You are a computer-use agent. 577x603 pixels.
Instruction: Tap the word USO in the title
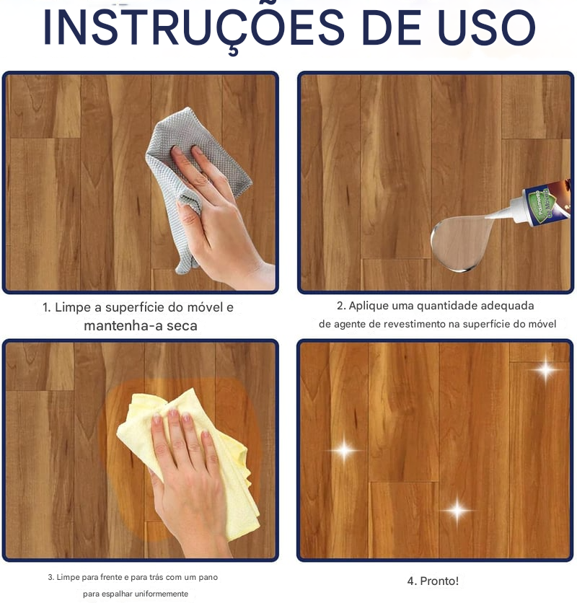(x=487, y=27)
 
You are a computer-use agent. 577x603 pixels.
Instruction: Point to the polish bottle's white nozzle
(x=508, y=211)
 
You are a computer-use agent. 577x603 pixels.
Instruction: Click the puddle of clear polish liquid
(x=462, y=243)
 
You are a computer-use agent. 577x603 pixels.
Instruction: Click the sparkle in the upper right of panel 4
(x=545, y=370)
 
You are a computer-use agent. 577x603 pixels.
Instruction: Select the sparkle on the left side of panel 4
(x=344, y=450)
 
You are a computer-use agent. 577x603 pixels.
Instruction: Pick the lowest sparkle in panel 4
(x=457, y=511)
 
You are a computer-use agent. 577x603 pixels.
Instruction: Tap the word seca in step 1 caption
(x=182, y=326)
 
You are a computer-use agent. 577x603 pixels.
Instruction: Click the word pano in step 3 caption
(x=208, y=577)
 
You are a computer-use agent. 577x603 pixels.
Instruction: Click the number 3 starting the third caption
(x=50, y=577)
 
